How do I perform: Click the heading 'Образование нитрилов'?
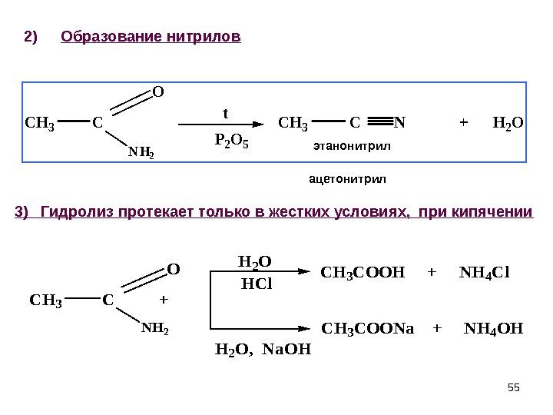151,36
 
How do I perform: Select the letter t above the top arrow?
226,113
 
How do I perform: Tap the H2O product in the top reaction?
507,121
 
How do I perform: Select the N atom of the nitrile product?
400,121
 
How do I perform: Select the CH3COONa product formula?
367,329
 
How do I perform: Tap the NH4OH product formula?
494,329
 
